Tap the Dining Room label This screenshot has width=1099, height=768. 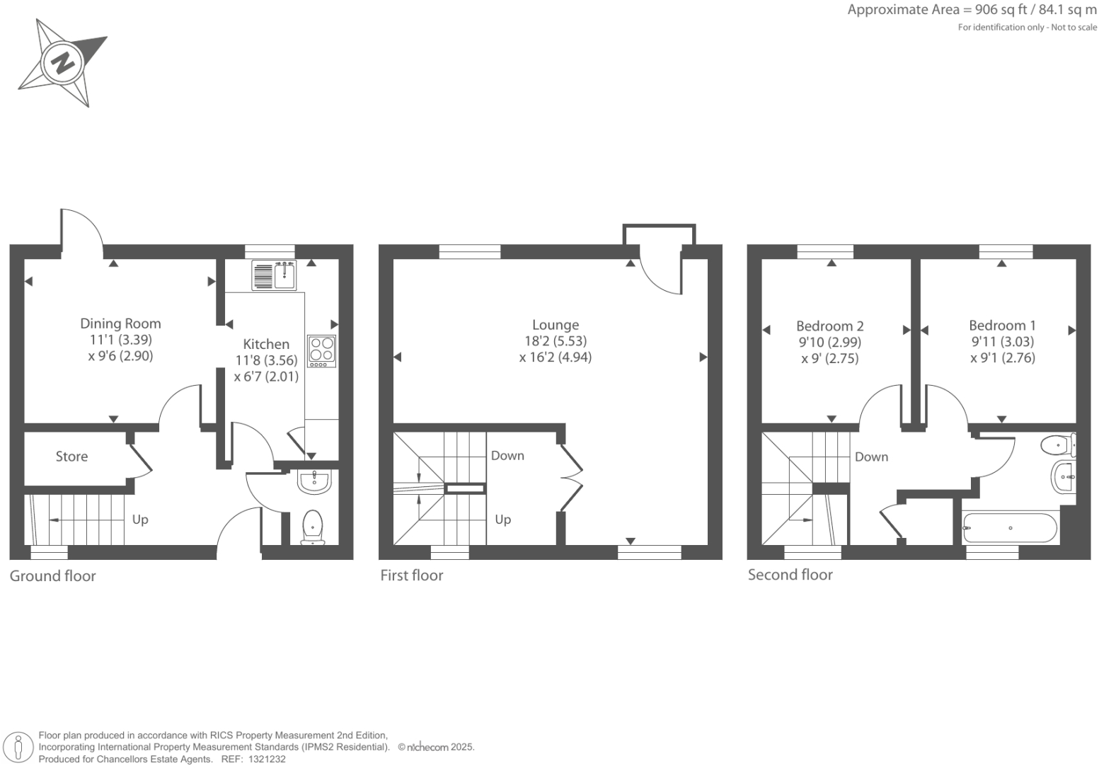click(120, 323)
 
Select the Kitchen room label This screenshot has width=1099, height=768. click(266, 344)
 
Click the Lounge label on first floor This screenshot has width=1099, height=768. click(556, 325)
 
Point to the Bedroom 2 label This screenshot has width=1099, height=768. click(830, 326)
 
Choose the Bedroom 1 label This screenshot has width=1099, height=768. click(1002, 326)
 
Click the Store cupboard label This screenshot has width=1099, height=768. click(72, 457)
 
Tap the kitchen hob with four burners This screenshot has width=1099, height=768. click(321, 350)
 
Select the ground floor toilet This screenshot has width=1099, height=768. click(313, 527)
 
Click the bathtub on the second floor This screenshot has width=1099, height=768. click(1010, 528)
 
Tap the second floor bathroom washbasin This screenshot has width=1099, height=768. click(1063, 477)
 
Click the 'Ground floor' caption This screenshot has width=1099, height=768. click(52, 575)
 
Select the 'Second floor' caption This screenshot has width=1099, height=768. click(790, 575)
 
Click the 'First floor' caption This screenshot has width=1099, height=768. click(411, 575)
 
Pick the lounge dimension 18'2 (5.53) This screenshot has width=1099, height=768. click(556, 341)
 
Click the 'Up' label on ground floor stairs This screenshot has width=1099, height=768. click(140, 520)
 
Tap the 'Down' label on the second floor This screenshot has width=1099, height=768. click(871, 457)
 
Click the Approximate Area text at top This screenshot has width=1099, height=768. click(972, 10)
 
